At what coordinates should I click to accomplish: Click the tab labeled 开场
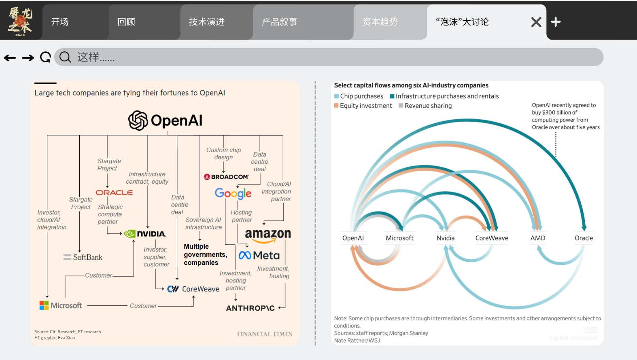60,22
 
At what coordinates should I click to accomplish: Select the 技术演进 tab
206,22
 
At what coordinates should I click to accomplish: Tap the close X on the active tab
536,22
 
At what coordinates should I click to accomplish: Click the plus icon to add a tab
556,22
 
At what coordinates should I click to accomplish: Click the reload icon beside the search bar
45,57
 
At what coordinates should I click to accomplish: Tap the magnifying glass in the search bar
65,57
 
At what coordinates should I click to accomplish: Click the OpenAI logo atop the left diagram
165,121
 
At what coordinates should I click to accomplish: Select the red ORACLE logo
114,193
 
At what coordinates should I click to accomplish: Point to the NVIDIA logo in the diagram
145,234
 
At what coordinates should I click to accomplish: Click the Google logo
233,193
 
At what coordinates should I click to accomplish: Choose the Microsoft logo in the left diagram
61,305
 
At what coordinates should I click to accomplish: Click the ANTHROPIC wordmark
250,308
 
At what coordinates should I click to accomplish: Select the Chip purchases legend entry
359,96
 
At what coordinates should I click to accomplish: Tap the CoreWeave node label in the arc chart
492,238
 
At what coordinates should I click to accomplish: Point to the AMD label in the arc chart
538,238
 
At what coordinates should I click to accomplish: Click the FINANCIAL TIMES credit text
264,334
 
